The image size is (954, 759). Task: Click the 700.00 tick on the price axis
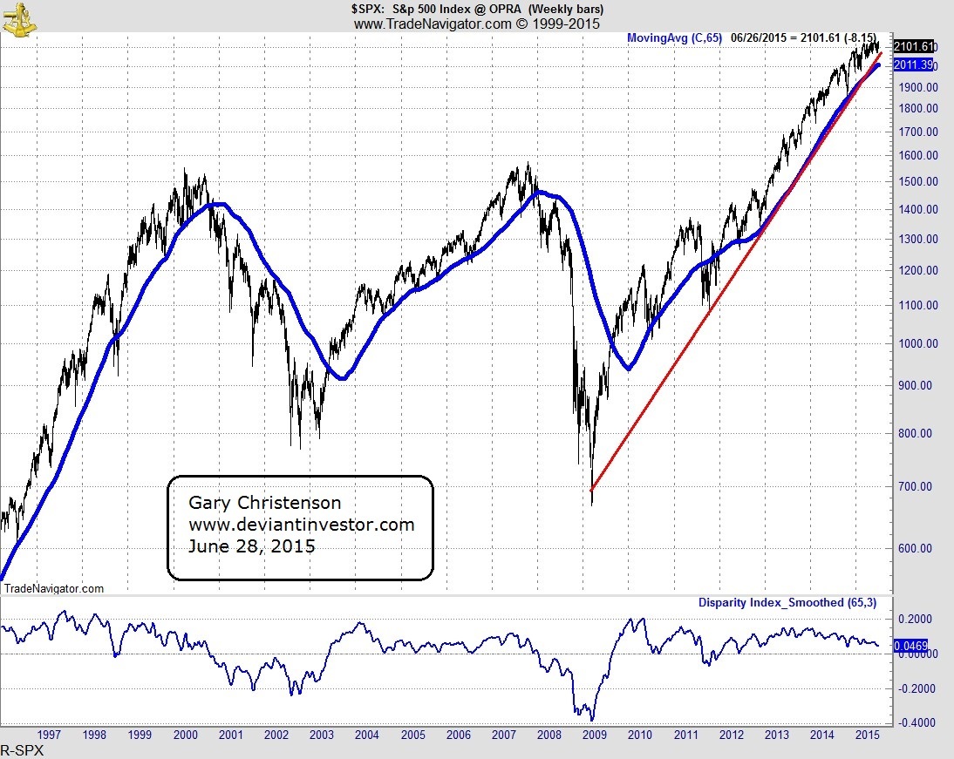click(919, 486)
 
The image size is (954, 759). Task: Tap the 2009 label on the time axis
click(595, 735)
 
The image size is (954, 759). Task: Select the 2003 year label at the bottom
click(322, 735)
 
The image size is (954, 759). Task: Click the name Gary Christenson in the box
click(265, 504)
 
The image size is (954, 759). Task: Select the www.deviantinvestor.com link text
click(301, 525)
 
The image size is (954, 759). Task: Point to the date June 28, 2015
click(252, 547)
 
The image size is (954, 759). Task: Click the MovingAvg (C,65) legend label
click(674, 38)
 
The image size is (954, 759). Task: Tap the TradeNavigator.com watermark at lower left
click(54, 589)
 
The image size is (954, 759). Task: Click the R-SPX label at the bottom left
click(22, 750)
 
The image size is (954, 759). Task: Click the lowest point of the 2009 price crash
click(592, 505)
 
